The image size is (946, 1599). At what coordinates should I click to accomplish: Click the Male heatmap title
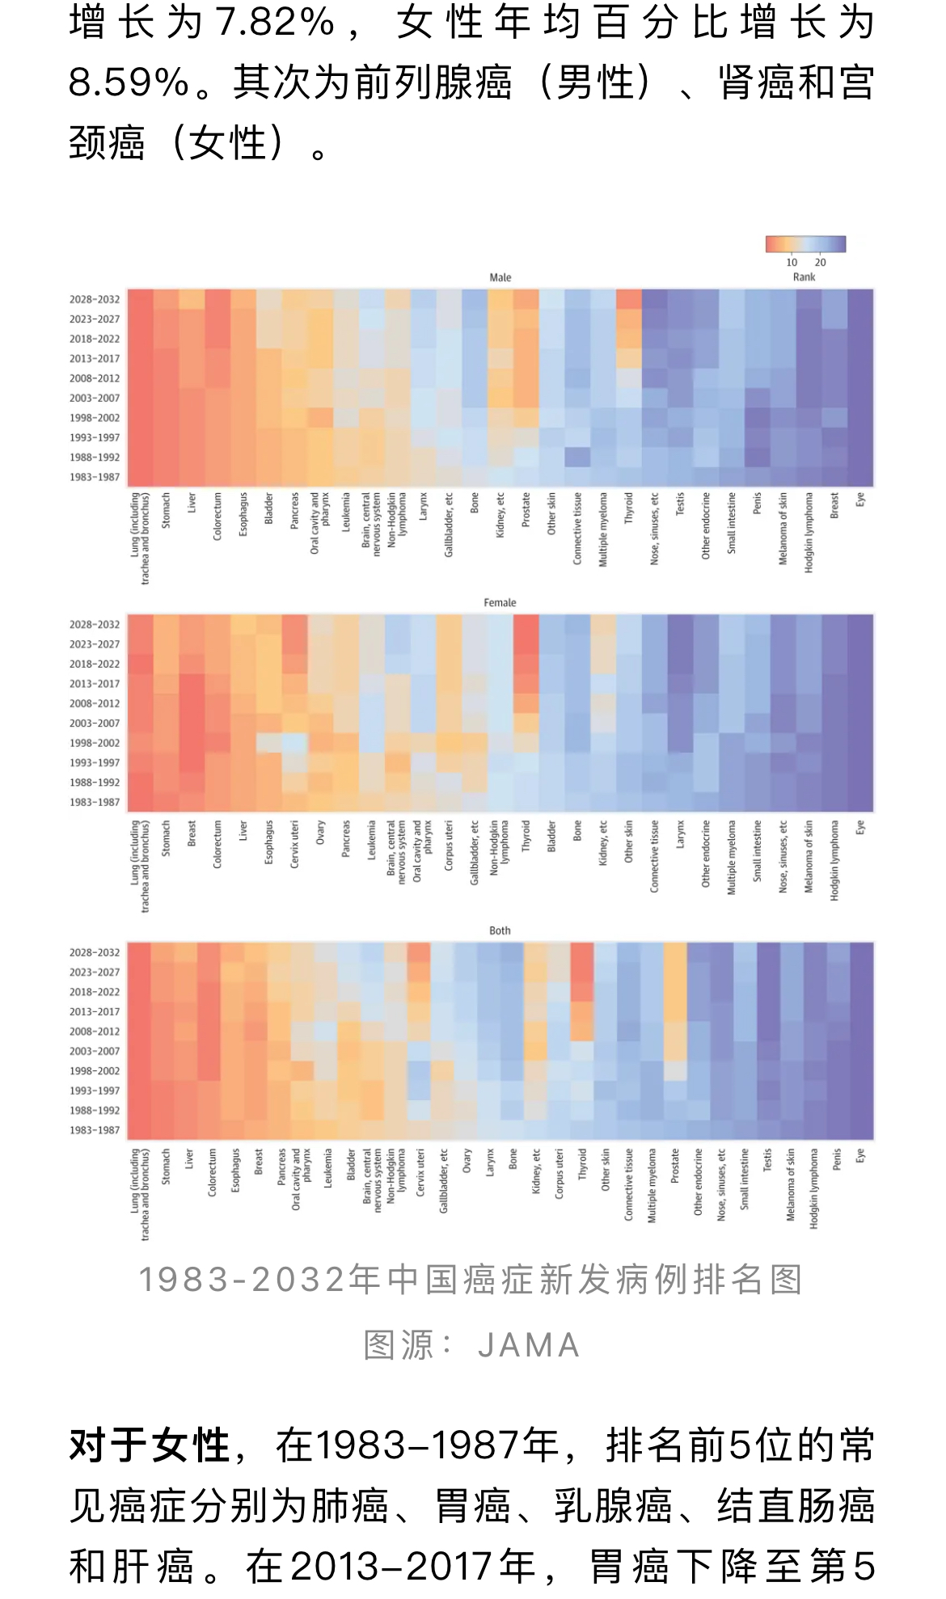(x=500, y=277)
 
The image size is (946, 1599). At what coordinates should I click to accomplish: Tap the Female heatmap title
(x=500, y=602)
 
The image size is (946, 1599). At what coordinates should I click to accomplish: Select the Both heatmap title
(x=500, y=930)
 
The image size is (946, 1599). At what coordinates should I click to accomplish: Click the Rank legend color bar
(x=805, y=244)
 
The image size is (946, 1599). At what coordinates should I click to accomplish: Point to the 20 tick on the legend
(x=821, y=262)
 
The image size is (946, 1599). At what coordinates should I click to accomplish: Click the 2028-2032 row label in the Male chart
(x=95, y=299)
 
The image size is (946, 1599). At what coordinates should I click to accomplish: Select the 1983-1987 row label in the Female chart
(x=95, y=802)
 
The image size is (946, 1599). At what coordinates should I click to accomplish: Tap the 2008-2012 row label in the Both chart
(x=95, y=1032)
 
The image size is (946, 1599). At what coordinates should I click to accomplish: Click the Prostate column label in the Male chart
(x=526, y=510)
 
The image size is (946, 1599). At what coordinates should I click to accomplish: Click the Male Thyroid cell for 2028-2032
(x=629, y=299)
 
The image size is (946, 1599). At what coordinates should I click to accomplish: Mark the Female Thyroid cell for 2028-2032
(x=526, y=624)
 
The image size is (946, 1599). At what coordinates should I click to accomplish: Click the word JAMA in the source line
(x=529, y=1346)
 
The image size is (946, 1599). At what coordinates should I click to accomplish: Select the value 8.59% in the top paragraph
(x=129, y=82)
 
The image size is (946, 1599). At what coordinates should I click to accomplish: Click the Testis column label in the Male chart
(x=680, y=504)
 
